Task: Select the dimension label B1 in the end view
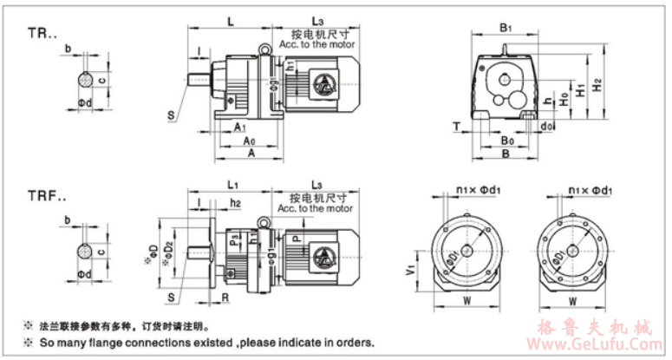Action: [x=506, y=28]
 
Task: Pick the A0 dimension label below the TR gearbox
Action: [x=249, y=140]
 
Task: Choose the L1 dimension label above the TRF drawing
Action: [x=232, y=185]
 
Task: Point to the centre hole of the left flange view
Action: [x=466, y=251]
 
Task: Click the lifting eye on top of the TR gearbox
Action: [x=262, y=49]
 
